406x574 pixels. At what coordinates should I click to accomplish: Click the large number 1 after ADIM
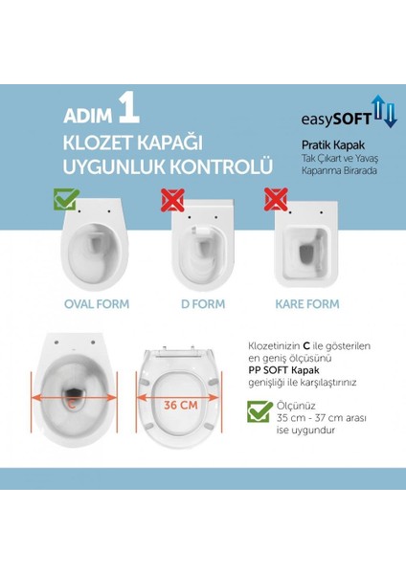click(129, 109)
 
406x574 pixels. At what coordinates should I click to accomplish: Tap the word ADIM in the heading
click(88, 116)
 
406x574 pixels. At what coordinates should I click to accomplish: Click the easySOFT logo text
click(336, 119)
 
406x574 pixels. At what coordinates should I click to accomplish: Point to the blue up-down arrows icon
click(384, 111)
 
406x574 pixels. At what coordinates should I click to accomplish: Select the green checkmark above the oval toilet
click(66, 199)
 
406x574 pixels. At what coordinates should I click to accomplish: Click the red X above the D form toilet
click(172, 200)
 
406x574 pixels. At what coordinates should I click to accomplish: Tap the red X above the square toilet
click(276, 199)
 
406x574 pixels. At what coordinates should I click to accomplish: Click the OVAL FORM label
click(97, 304)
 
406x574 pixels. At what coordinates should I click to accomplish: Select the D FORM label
click(203, 304)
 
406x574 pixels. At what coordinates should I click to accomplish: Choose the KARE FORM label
click(307, 304)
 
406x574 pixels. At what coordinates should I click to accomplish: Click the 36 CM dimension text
click(181, 406)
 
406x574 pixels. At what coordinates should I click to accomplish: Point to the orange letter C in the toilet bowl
click(72, 404)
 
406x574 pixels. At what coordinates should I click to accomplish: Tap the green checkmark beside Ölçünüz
click(259, 411)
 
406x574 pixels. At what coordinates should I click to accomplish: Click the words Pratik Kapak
click(333, 145)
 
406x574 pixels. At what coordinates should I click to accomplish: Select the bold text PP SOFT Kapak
click(283, 370)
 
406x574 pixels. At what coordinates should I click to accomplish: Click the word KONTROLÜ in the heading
click(221, 166)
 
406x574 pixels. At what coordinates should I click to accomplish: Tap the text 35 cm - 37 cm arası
click(322, 418)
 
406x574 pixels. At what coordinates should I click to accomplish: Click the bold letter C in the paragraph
click(306, 346)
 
